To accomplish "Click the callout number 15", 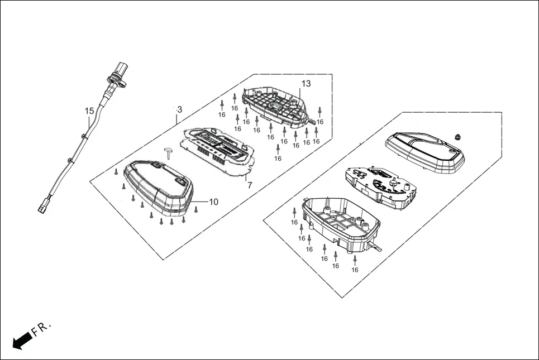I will click(89, 111).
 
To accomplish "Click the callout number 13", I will click(306, 84).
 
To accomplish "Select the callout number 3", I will click(179, 109).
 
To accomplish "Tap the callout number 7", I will click(249, 185).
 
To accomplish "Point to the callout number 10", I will click(213, 201).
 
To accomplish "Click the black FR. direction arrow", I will click(22, 339).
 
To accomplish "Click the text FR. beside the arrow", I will click(42, 328).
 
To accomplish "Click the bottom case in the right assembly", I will click(341, 223).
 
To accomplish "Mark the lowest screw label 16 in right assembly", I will click(355, 270).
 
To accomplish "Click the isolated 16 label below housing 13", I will click(278, 159).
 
